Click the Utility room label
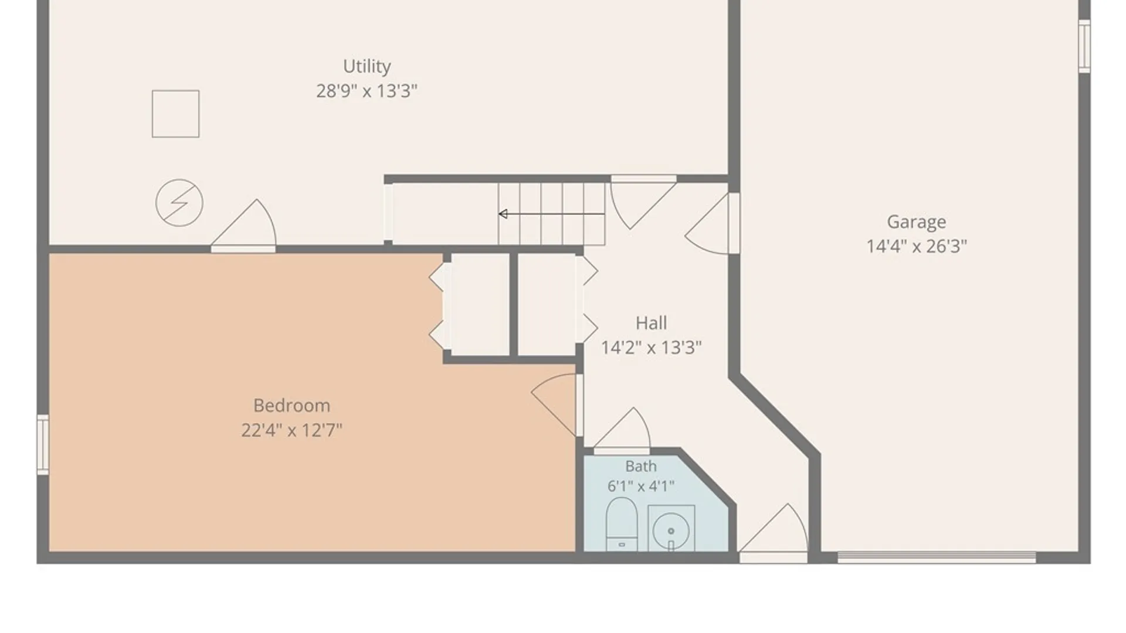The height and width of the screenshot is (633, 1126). [367, 66]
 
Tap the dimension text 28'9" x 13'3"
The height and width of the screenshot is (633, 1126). [367, 91]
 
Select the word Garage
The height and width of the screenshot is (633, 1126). [916, 222]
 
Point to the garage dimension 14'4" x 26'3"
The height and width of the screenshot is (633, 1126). [916, 246]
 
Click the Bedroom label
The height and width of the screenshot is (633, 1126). [291, 406]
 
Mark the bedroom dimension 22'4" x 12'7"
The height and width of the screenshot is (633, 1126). [291, 430]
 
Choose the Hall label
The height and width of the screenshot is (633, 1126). [651, 323]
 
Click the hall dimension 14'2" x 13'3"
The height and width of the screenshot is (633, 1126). [651, 348]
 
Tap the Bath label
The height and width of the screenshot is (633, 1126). [640, 467]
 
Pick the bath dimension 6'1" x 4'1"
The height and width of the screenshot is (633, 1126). [640, 486]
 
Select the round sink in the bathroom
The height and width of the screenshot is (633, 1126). [671, 531]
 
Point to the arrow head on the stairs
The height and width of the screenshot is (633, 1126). [503, 214]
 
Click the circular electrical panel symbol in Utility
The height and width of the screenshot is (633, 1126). [179, 203]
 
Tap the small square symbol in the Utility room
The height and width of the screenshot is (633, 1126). [175, 114]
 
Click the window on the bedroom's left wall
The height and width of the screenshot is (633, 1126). [43, 444]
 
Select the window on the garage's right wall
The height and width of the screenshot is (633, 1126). [1084, 46]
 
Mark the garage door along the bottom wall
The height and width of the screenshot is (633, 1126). [937, 557]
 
